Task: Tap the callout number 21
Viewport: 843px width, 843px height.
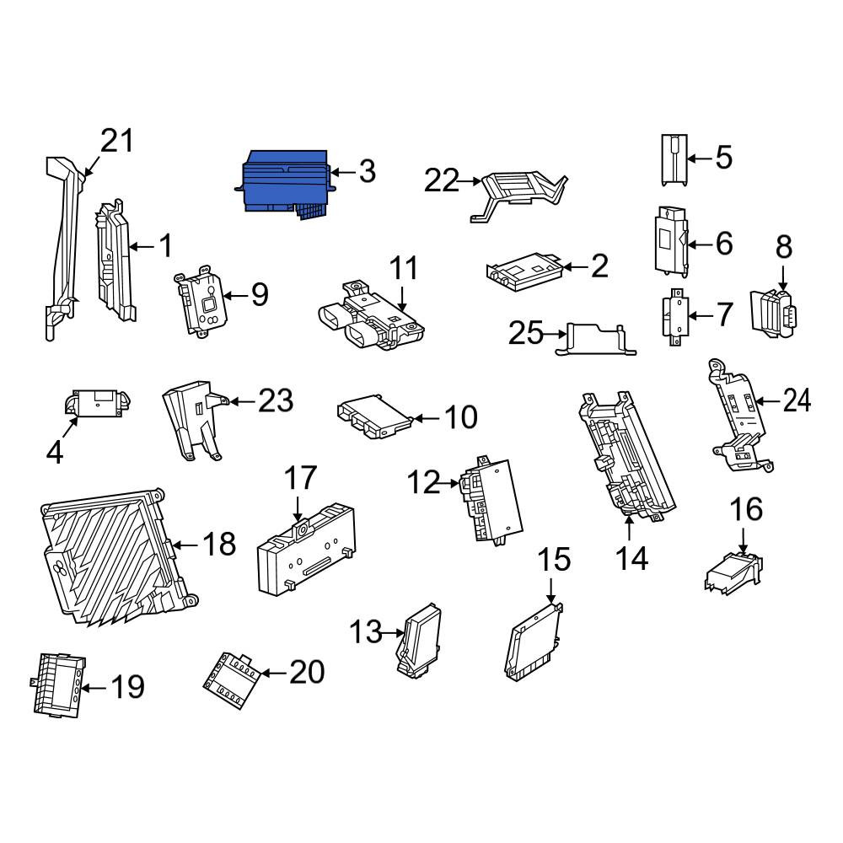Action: [116, 141]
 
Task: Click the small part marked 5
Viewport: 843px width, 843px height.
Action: [674, 160]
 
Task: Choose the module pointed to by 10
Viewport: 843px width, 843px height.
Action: [375, 416]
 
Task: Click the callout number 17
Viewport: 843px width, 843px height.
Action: [300, 478]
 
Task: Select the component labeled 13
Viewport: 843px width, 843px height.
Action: [418, 638]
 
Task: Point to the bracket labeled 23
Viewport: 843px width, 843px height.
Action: [194, 420]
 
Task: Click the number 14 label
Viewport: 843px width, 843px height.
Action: [631, 558]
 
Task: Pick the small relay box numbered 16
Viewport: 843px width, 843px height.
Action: [733, 572]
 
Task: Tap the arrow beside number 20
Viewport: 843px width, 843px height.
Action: [275, 673]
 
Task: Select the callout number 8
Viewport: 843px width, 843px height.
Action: [783, 247]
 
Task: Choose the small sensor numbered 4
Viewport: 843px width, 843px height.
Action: [97, 403]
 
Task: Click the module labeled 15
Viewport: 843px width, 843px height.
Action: [533, 642]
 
